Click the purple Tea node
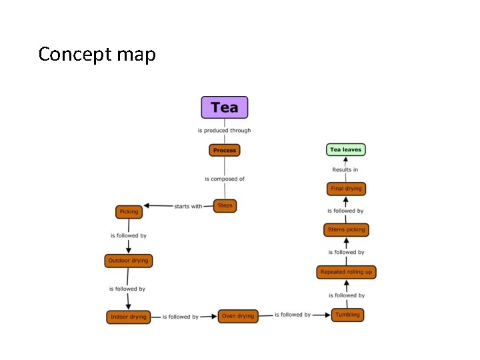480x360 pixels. [x=225, y=107]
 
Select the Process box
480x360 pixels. [x=225, y=151]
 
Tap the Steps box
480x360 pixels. [x=225, y=206]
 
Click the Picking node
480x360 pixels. [x=129, y=212]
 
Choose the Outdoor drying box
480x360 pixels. [x=129, y=261]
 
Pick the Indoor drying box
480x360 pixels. [x=129, y=317]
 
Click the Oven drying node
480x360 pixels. [x=238, y=316]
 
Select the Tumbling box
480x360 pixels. [x=347, y=315]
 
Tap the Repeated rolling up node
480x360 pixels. [x=346, y=272]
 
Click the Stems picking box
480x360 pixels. [x=346, y=230]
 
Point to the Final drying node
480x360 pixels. [x=346, y=189]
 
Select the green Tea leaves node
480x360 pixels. [x=345, y=150]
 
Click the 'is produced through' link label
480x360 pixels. [x=225, y=131]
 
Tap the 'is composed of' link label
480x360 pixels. [x=225, y=179]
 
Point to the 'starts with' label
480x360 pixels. [x=188, y=206]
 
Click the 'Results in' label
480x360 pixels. [x=345, y=170]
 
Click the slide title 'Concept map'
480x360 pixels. [x=97, y=54]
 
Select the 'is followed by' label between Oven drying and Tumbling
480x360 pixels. [x=293, y=315]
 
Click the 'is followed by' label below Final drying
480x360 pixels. [x=345, y=211]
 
